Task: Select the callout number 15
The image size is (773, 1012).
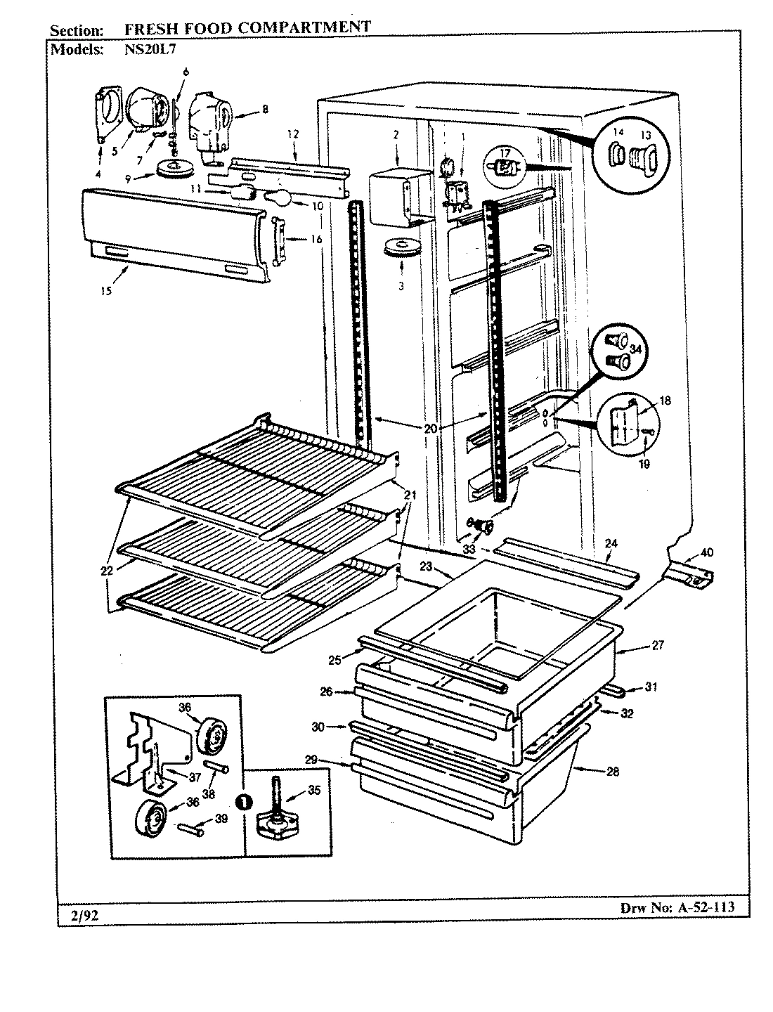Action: click(x=105, y=292)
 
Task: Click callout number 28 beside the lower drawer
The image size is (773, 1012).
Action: click(x=613, y=771)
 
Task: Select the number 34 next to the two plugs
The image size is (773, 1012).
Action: click(x=635, y=349)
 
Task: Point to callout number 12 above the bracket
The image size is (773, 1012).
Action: click(x=293, y=133)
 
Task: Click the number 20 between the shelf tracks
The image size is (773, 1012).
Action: click(x=430, y=428)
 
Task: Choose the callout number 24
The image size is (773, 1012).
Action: click(x=611, y=543)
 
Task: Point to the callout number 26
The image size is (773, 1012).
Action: click(x=326, y=692)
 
